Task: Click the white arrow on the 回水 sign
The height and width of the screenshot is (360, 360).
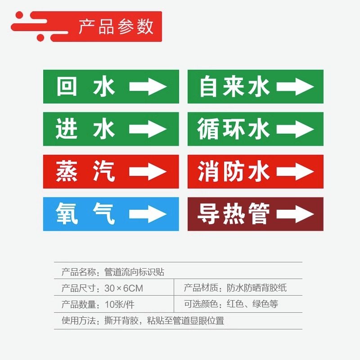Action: tap(148, 86)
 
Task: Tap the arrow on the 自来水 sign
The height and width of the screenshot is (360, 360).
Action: tap(295, 86)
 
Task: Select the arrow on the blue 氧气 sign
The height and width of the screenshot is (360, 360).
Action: tap(148, 214)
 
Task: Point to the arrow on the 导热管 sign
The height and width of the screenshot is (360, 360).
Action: tap(295, 214)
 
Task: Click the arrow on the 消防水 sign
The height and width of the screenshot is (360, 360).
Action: tap(295, 171)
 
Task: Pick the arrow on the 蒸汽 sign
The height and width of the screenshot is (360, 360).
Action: tap(148, 171)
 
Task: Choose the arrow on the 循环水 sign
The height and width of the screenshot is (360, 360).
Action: tap(295, 129)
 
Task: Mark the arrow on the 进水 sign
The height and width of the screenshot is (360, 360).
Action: tap(148, 129)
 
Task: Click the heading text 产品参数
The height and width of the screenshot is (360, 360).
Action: tap(116, 27)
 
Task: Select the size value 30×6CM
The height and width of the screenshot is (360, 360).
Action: tap(123, 288)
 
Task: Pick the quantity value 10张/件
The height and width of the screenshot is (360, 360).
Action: tap(119, 304)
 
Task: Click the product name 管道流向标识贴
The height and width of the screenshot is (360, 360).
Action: tap(134, 272)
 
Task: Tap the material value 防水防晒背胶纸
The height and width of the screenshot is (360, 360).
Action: tap(256, 288)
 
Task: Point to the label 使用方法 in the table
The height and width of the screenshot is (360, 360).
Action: tap(78, 321)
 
